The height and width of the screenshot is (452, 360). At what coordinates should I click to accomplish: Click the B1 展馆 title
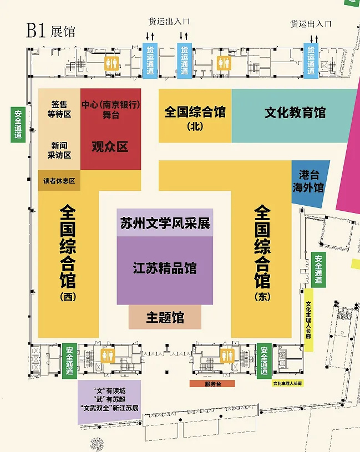coord(50,31)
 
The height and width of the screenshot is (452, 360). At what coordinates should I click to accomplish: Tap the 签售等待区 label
coord(59,109)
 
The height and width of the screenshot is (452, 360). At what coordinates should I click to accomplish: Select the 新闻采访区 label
coord(59,150)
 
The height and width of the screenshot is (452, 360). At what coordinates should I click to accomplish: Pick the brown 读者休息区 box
coord(59,180)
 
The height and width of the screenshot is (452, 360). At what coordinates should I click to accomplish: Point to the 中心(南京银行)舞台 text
coord(111,110)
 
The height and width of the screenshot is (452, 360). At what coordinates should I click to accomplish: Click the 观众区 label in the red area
coord(110,147)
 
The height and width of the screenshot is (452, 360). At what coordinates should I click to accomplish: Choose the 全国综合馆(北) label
coord(195,118)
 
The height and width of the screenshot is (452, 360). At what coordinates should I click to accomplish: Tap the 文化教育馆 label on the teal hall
coord(295,113)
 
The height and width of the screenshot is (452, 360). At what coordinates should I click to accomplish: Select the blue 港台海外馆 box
coord(310,184)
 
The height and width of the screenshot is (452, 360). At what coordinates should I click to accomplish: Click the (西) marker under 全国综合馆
coord(68,297)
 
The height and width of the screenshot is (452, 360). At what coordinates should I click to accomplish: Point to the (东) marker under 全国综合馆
coord(262,297)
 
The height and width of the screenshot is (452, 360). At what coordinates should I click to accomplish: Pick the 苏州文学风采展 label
coord(165,223)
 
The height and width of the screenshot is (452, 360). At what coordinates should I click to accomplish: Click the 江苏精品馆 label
coord(165,268)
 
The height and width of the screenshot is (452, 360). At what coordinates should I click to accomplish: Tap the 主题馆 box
coord(165,317)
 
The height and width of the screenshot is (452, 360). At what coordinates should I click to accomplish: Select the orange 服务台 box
coord(212,384)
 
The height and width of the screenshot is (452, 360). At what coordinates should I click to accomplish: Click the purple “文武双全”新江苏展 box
coord(109,402)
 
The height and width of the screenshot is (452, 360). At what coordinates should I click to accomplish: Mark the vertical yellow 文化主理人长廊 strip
coord(309,320)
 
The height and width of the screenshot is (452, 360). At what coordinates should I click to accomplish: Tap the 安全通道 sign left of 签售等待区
coord(18,125)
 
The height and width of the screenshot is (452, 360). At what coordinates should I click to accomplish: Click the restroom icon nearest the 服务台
coord(227,355)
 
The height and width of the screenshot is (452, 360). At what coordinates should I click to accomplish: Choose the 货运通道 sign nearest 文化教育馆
coord(311,60)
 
